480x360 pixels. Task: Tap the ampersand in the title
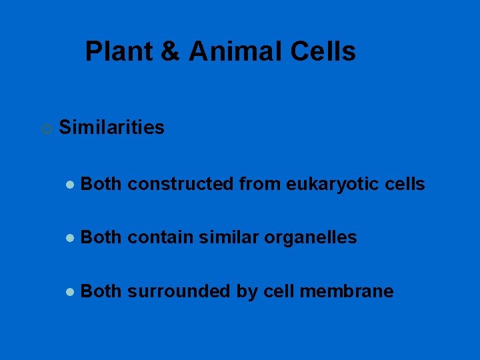[171, 52]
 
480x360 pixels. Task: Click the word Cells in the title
[324, 51]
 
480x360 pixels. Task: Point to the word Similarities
[111, 127]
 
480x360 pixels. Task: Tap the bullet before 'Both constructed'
[69, 185]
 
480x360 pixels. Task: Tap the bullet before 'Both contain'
[69, 238]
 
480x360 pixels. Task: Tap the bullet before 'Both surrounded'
[69, 292]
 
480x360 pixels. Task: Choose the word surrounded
[178, 291]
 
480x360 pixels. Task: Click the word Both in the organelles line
[101, 237]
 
